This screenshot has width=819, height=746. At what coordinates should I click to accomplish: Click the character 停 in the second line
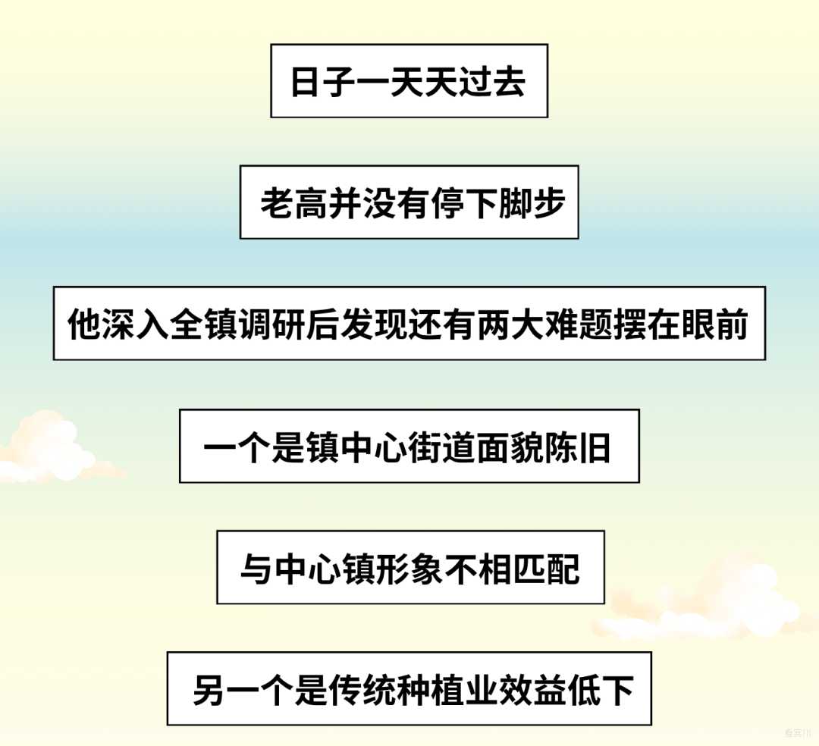447,203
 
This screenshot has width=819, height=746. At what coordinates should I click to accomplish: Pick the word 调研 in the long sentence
271,324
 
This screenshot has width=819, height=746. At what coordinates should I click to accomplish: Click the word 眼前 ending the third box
715,324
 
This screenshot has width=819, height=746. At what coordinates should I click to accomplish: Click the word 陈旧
578,447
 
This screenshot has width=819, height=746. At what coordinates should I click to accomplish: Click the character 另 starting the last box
210,690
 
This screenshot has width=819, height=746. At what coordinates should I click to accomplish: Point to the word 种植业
447,690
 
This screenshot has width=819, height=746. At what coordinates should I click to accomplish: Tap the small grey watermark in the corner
797,733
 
